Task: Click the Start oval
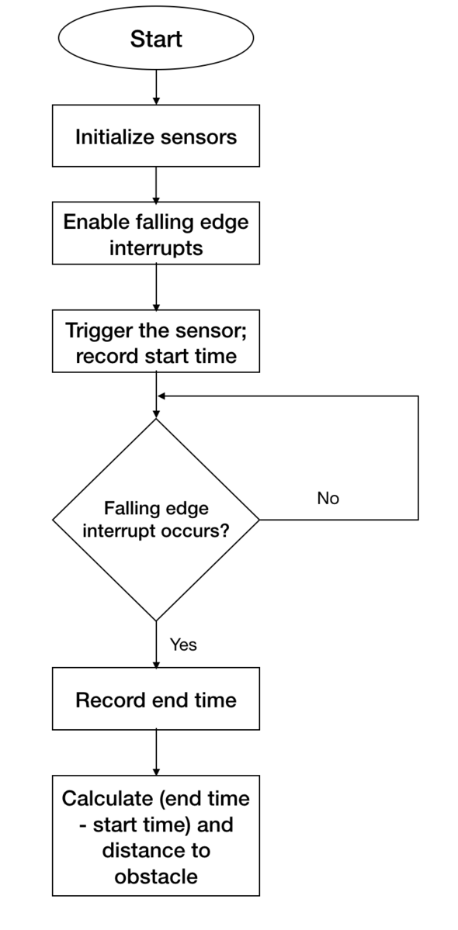(x=156, y=38)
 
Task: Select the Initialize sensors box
(x=156, y=136)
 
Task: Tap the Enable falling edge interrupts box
(x=156, y=233)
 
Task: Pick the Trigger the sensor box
(x=156, y=341)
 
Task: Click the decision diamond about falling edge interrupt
(x=156, y=520)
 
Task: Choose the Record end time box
(x=156, y=699)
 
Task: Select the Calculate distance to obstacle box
(x=156, y=835)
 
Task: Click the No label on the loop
(x=328, y=498)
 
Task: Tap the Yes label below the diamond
(x=183, y=645)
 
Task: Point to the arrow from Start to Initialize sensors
(x=156, y=87)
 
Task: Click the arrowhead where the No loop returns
(x=160, y=396)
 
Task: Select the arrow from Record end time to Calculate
(x=156, y=752)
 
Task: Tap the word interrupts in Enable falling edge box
(x=156, y=248)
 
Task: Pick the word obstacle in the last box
(x=156, y=876)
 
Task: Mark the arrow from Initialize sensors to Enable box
(x=156, y=185)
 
